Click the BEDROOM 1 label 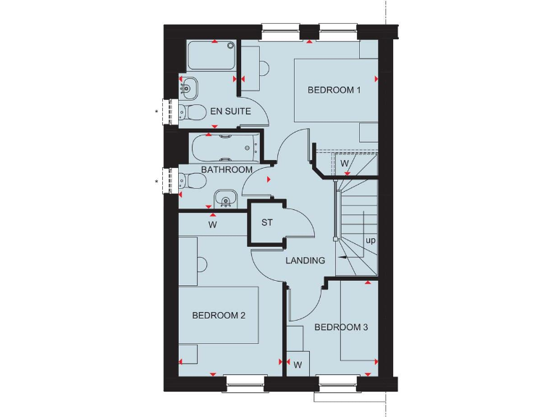(x=334, y=90)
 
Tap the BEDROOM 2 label (x=219, y=316)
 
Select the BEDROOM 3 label (x=341, y=327)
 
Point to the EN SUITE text (x=230, y=111)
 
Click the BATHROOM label (x=227, y=169)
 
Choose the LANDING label (x=305, y=261)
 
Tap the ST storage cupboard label (x=266, y=222)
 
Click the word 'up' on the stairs (x=370, y=240)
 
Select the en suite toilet (x=190, y=111)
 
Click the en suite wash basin (x=188, y=88)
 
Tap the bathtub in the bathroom (x=221, y=148)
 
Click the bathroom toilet (x=190, y=181)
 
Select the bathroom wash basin (x=226, y=198)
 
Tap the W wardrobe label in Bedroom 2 (x=212, y=224)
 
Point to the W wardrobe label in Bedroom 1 (x=345, y=164)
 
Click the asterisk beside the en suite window (x=156, y=111)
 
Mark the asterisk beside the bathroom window (x=156, y=181)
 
